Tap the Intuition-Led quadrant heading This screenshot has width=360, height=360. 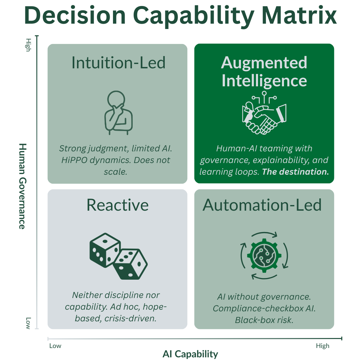coord(118,62)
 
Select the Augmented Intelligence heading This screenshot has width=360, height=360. coord(264,72)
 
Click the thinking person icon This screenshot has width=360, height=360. coord(118,113)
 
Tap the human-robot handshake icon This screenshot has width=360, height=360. coord(264,113)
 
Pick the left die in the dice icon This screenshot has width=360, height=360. coord(105,250)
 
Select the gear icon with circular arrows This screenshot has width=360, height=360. coord(264,256)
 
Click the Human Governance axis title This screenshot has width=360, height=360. coord(23,186)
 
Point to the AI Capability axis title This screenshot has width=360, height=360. coord(190,354)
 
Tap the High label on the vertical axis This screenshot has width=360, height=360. coord(28,45)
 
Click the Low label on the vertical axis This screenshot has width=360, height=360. coord(28,323)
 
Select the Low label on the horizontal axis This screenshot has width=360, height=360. coord(55,346)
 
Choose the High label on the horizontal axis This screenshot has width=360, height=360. coord(323,346)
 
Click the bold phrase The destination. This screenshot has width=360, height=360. coord(295,172)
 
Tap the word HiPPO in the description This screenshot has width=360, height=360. coord(74,160)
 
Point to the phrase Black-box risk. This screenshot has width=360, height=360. coord(264,320)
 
